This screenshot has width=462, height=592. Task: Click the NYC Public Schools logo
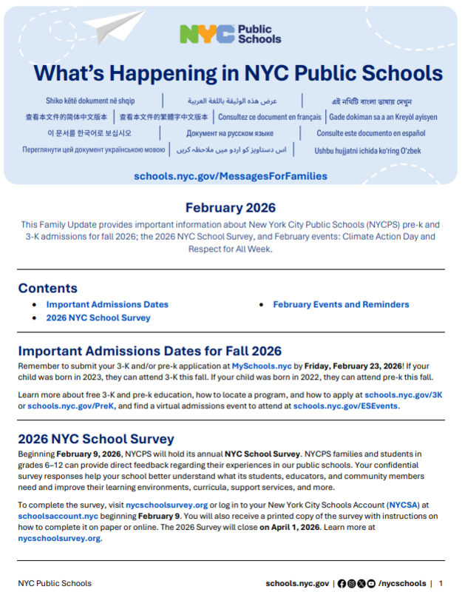(x=230, y=33)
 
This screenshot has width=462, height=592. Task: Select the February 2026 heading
(x=230, y=208)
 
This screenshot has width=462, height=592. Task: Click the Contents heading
(x=47, y=289)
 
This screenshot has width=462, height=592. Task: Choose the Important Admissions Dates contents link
(x=107, y=304)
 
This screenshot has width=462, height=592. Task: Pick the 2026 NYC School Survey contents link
(x=98, y=317)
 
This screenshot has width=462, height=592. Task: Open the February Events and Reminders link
(x=341, y=304)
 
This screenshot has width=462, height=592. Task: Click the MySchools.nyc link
(x=262, y=366)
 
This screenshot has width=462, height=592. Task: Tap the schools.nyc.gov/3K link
(x=403, y=396)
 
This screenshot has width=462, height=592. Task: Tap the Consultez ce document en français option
(x=270, y=117)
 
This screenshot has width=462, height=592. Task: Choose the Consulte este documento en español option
(x=371, y=133)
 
